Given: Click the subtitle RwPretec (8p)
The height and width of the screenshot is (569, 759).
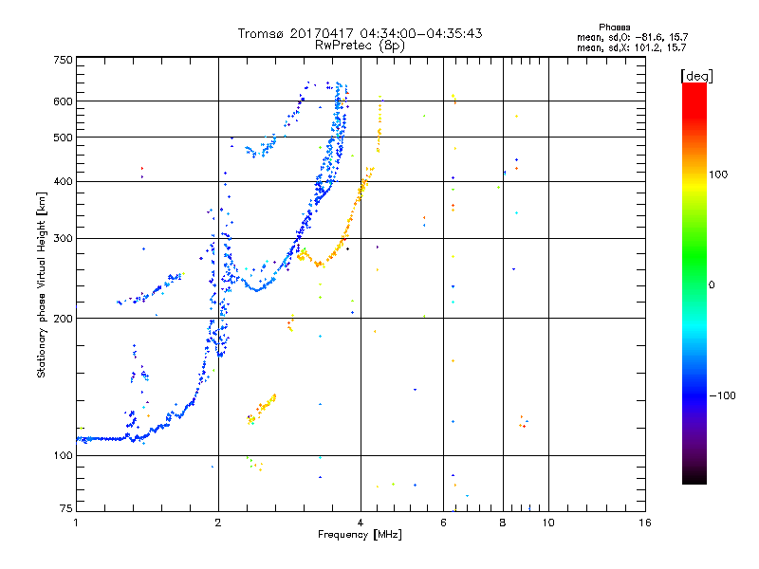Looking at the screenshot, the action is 360,46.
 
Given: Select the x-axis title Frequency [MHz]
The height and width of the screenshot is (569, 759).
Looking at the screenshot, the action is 360,535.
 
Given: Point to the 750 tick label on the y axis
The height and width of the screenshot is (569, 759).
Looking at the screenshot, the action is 63,60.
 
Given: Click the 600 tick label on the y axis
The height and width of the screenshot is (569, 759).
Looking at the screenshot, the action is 63,101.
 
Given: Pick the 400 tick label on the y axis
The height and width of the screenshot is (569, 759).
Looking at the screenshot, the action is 63,181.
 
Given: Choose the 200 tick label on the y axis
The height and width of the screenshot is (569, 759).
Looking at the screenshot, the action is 63,319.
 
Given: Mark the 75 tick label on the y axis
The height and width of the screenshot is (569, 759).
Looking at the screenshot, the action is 66,508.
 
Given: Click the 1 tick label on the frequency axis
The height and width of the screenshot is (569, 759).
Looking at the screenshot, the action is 76,523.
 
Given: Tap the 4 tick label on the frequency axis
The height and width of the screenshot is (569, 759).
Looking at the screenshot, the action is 361,523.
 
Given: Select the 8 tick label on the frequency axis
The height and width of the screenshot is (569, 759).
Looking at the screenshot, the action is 503,523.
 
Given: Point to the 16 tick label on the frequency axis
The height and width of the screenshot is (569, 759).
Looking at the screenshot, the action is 645,523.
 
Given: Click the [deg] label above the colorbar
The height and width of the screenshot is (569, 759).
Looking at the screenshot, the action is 696,77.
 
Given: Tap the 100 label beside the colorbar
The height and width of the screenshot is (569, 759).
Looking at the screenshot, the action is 718,174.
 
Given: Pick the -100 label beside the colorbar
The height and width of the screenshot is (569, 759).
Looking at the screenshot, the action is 723,395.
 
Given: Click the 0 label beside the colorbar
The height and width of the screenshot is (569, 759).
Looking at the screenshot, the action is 712,285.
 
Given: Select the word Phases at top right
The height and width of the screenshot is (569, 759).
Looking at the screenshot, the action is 615,28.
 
